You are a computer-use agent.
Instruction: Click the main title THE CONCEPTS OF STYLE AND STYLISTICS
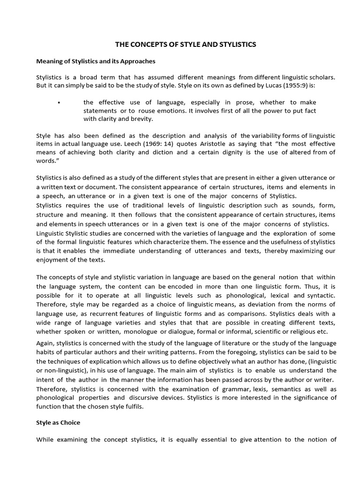coord(186,45)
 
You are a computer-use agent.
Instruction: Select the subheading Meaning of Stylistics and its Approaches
coord(96,61)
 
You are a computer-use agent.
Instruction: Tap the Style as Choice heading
coord(58,422)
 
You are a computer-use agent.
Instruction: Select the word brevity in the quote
coord(143,119)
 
